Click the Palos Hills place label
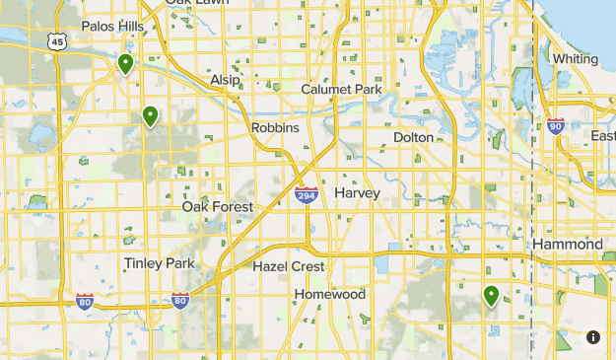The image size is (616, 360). pyautogui.click(x=111, y=26)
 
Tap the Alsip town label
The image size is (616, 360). pyautogui.click(x=225, y=79)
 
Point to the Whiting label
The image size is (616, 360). pyautogui.click(x=575, y=58)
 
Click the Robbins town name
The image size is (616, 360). pyautogui.click(x=275, y=128)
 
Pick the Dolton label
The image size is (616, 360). pyautogui.click(x=413, y=137)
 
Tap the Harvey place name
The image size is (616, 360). pyautogui.click(x=357, y=193)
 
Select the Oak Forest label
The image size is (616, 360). pyautogui.click(x=217, y=207)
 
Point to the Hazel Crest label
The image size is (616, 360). pyautogui.click(x=288, y=266)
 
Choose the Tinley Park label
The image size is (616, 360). pyautogui.click(x=160, y=263)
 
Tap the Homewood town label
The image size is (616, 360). pyautogui.click(x=330, y=294)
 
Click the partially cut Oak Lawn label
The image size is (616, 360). pyautogui.click(x=194, y=3)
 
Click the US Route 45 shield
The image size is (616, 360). pyautogui.click(x=56, y=38)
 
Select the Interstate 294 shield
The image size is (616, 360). pyautogui.click(x=307, y=195)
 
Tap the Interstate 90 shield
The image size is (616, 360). pyautogui.click(x=556, y=125)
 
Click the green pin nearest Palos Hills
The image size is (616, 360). pyautogui.click(x=125, y=65)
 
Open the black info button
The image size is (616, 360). pyautogui.click(x=593, y=337)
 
